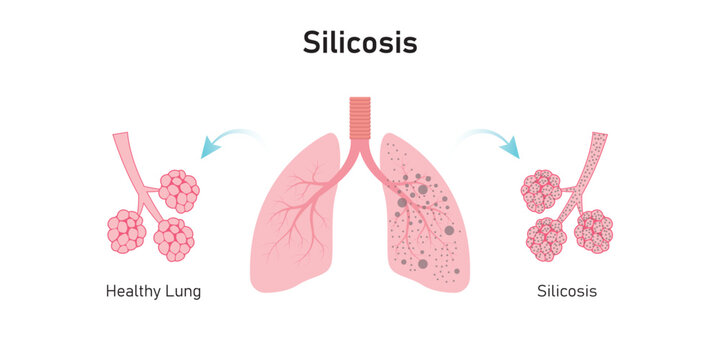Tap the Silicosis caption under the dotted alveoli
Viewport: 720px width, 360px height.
[x=567, y=291]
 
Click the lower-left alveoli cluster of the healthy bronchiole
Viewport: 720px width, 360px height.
[x=127, y=231]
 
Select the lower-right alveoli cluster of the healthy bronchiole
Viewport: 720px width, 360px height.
[x=174, y=239]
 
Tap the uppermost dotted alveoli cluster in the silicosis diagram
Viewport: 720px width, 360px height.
[x=541, y=190]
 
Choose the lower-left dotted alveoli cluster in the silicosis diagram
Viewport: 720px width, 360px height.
[x=546, y=240]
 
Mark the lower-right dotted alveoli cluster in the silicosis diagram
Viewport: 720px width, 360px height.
[x=593, y=230]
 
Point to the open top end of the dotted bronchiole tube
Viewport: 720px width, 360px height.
[x=599, y=136]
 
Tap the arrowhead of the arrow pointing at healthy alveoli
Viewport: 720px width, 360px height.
[x=208, y=150]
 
